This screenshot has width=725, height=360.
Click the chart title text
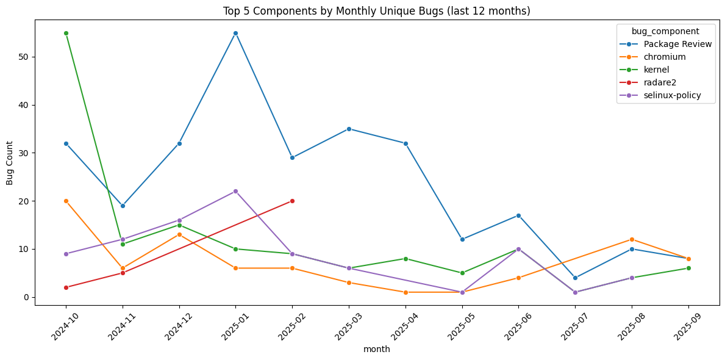362,11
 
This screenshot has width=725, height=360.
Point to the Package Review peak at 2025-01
235,33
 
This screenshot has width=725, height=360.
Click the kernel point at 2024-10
66,33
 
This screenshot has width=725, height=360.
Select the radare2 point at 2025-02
292,201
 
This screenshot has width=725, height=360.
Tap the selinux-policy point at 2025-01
235,191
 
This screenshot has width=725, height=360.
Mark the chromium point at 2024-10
66,201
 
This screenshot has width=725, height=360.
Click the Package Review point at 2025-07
575,278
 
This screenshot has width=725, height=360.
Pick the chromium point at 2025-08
632,239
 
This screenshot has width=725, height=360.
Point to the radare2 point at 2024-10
66,287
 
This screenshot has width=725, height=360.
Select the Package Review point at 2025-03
349,129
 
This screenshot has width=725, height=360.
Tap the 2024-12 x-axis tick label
174,328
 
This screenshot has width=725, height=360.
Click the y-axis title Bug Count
10,162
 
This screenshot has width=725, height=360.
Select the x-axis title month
377,350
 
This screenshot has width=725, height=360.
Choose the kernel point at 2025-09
688,268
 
